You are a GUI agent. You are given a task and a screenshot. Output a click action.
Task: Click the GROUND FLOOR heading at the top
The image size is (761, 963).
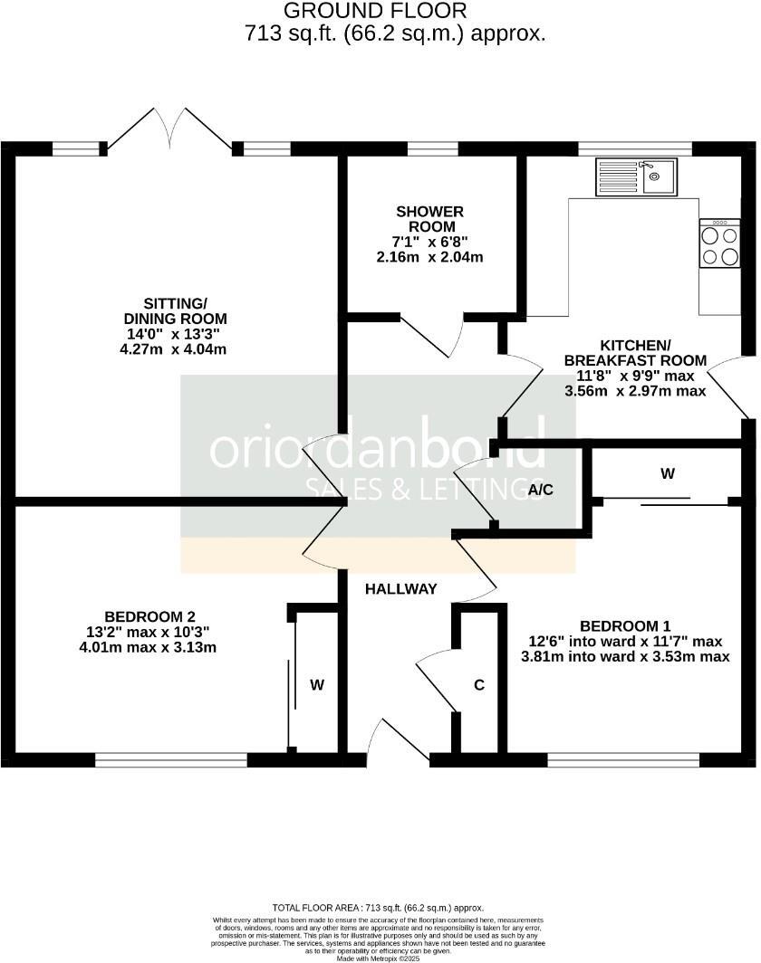375,12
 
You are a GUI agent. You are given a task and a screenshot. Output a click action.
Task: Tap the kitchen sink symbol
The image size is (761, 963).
635,176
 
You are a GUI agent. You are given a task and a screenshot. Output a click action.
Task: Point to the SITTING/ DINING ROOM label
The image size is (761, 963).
175,310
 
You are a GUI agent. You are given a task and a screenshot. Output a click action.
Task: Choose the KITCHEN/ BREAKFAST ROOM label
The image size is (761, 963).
634,353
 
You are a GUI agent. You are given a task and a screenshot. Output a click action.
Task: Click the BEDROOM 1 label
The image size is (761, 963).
625,626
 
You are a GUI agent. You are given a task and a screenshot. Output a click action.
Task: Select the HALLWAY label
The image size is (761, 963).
400,589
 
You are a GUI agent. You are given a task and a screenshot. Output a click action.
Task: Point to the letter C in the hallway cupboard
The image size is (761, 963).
479,685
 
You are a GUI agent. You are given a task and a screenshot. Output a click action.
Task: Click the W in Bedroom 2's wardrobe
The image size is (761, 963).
317,685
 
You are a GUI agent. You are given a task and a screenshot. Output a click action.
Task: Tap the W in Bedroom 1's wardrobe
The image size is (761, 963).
668,473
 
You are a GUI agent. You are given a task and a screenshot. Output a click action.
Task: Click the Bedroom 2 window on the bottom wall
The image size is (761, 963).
170,760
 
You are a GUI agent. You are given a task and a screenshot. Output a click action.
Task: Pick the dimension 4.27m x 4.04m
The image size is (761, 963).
175,349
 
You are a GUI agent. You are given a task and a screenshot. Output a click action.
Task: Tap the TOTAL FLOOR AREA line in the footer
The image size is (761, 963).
378,907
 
